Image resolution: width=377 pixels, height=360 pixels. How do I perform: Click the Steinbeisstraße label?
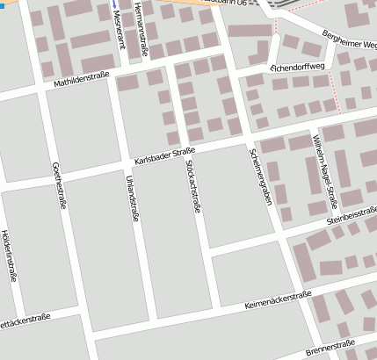[x=351, y=216]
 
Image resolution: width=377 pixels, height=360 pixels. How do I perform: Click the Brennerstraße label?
[x=330, y=348]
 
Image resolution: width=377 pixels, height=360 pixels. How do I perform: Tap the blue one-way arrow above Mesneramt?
[x=113, y=4]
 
